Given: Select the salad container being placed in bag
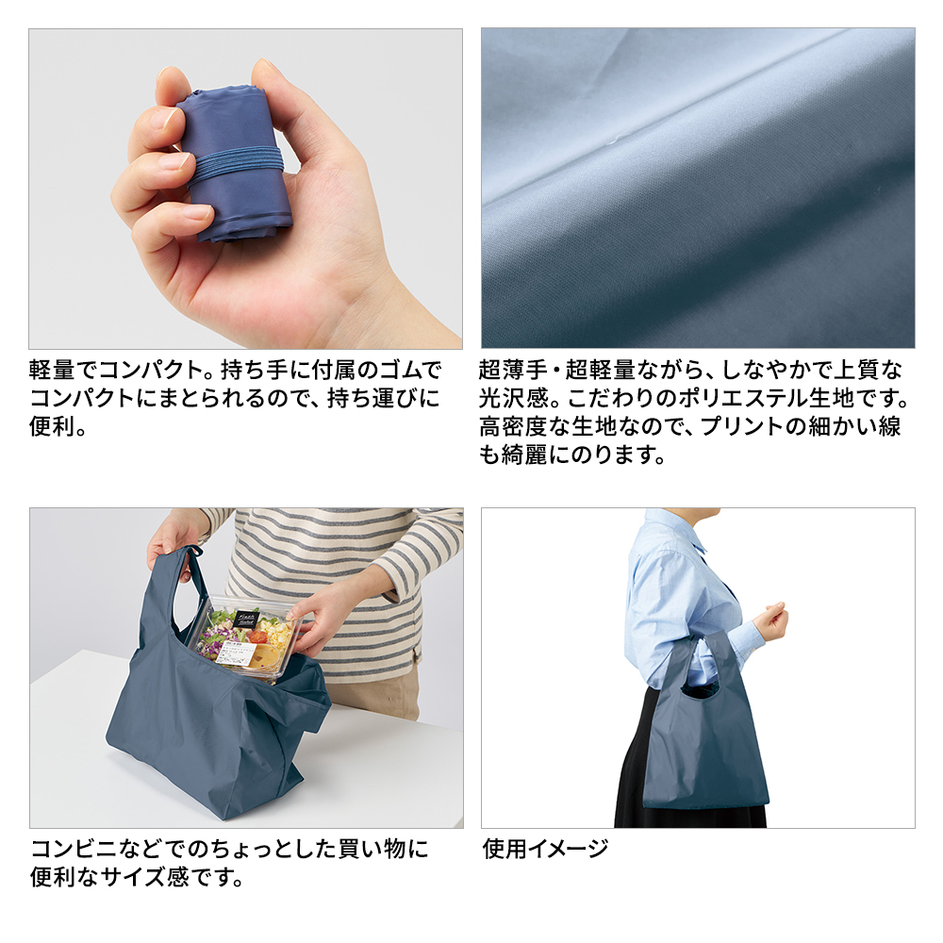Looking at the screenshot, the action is click(246, 638).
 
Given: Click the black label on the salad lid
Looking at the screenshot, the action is click(246, 619).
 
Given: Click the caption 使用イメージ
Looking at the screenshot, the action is click(545, 849).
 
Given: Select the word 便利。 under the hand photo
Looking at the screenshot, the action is click(58, 426).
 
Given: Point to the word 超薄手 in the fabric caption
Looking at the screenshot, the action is click(513, 370).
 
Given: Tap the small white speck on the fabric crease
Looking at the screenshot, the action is click(613, 141).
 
